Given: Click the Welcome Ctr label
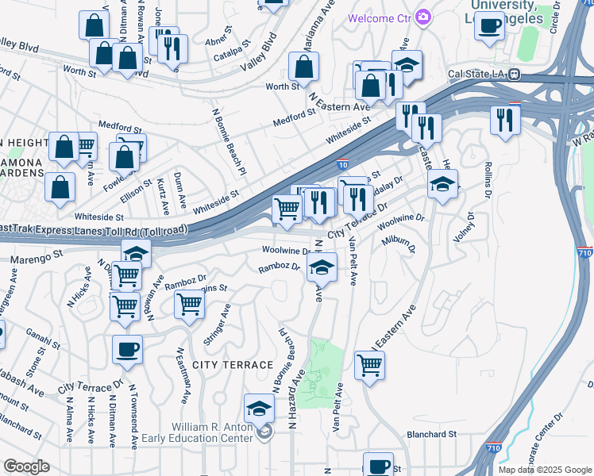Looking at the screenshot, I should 377,17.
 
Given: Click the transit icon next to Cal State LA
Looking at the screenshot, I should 514,75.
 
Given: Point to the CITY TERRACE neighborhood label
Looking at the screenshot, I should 222,363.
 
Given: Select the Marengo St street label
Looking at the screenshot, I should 36,257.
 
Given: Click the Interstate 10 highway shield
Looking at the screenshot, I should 341,164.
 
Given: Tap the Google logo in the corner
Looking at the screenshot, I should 26,466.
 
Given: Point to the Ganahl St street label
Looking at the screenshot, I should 43,340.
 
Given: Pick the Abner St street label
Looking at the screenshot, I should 216,37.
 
